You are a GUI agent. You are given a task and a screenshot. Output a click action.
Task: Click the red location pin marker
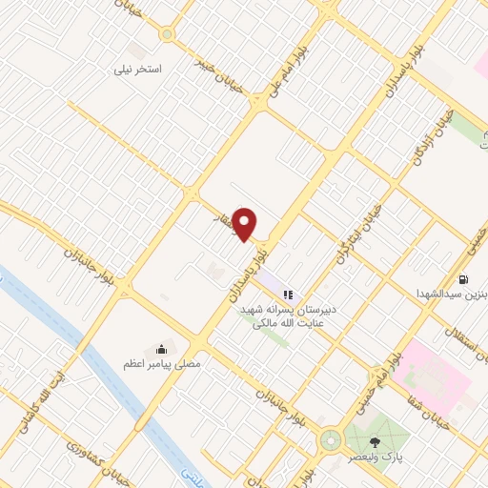click(245, 224)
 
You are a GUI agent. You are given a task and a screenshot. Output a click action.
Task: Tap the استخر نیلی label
click(139, 70)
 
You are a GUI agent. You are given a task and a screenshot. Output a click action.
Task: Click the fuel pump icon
click(463, 280)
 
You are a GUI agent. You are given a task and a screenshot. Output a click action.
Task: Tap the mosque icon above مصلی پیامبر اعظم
click(161, 350)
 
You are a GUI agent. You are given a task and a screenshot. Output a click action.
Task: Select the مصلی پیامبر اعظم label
click(153, 364)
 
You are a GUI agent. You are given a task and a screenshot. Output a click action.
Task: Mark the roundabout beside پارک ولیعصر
click(331, 440)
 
